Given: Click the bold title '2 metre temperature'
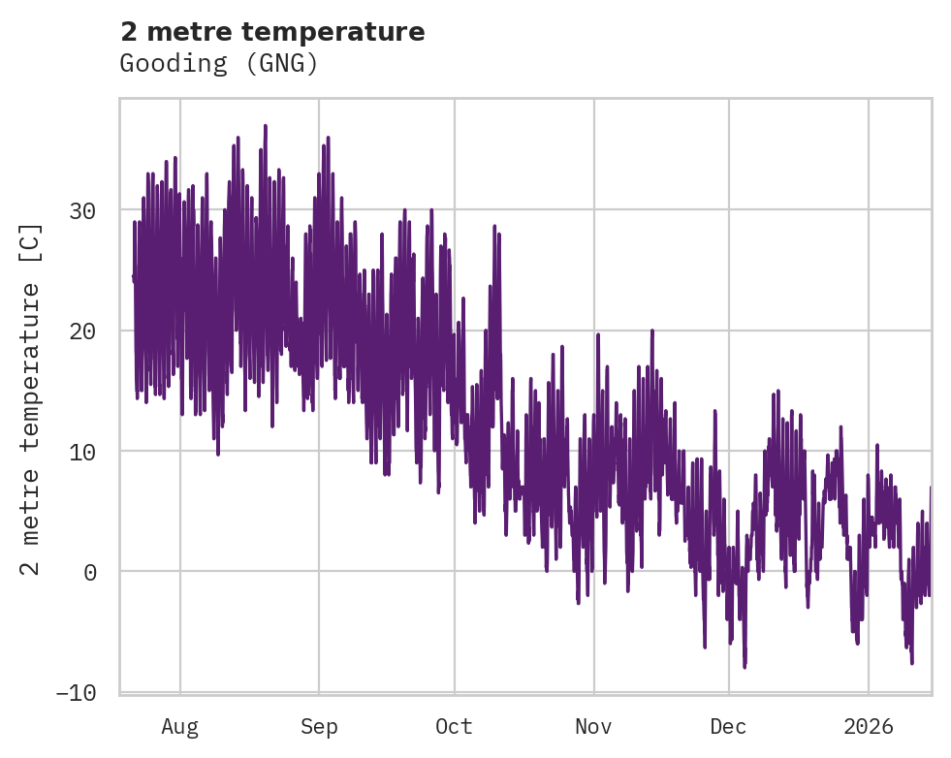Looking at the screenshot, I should (272, 32).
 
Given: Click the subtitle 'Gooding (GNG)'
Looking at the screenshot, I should (219, 64).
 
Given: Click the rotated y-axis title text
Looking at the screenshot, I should (32, 398).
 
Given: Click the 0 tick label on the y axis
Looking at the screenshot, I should (89, 572).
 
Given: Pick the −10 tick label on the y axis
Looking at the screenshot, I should (76, 692).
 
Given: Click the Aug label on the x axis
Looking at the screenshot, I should (179, 726).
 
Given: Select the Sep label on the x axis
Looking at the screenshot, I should (318, 726).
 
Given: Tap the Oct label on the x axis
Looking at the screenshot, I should (454, 726).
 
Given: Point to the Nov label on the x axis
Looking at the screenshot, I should (593, 726).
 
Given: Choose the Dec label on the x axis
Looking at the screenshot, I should (728, 726).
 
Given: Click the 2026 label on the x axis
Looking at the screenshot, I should (868, 726).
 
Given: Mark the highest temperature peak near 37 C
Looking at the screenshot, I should (265, 126).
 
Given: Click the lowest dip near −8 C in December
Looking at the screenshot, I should (745, 667).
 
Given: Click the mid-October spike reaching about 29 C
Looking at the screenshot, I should (495, 225).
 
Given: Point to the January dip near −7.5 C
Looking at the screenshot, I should (912, 662).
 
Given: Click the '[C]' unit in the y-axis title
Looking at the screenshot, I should (32, 241).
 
